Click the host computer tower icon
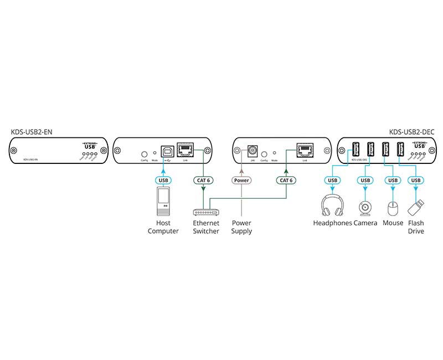pyautogui.click(x=163, y=202)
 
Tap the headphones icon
pyautogui.click(x=332, y=206)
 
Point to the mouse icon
pyautogui.click(x=393, y=208)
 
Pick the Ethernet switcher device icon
pyautogui.click(x=205, y=212)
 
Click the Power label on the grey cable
pyautogui.click(x=241, y=181)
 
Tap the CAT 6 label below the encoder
pyautogui.click(x=203, y=181)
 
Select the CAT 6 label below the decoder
pyautogui.click(x=286, y=181)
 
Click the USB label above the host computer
pyautogui.click(x=163, y=181)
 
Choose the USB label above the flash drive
pyautogui.click(x=415, y=181)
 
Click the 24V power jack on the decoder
pyautogui.click(x=253, y=150)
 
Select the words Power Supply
pyautogui.click(x=241, y=227)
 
